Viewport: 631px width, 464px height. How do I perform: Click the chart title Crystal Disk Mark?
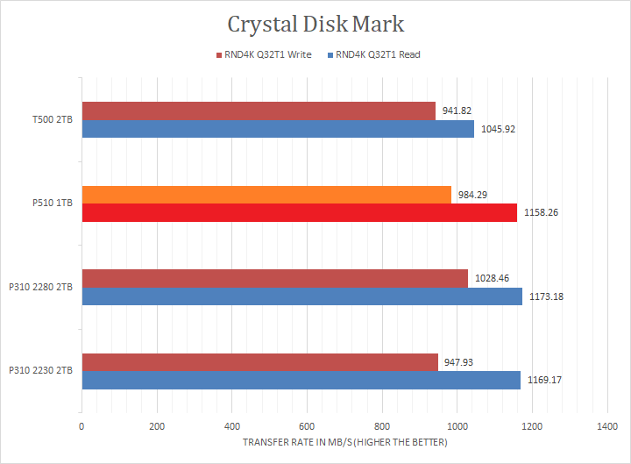click(x=316, y=23)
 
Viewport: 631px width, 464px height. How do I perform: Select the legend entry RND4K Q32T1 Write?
click(x=265, y=55)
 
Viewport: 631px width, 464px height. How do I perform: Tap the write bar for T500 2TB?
click(x=259, y=111)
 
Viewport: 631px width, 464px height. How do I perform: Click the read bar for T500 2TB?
click(x=278, y=129)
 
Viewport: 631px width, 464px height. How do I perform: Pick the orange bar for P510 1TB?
click(x=266, y=195)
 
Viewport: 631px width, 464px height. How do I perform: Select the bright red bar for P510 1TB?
click(x=299, y=212)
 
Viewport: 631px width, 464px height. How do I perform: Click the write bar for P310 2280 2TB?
click(x=274, y=279)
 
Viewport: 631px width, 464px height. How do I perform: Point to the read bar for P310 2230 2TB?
click(x=301, y=380)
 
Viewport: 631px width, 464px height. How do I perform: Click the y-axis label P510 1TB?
click(x=53, y=203)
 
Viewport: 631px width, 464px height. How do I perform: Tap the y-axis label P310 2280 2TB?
click(x=40, y=288)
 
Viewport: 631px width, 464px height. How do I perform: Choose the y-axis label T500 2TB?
click(x=53, y=120)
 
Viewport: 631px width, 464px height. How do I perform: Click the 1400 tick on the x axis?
click(x=607, y=426)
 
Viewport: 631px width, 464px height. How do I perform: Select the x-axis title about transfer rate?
click(x=344, y=442)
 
